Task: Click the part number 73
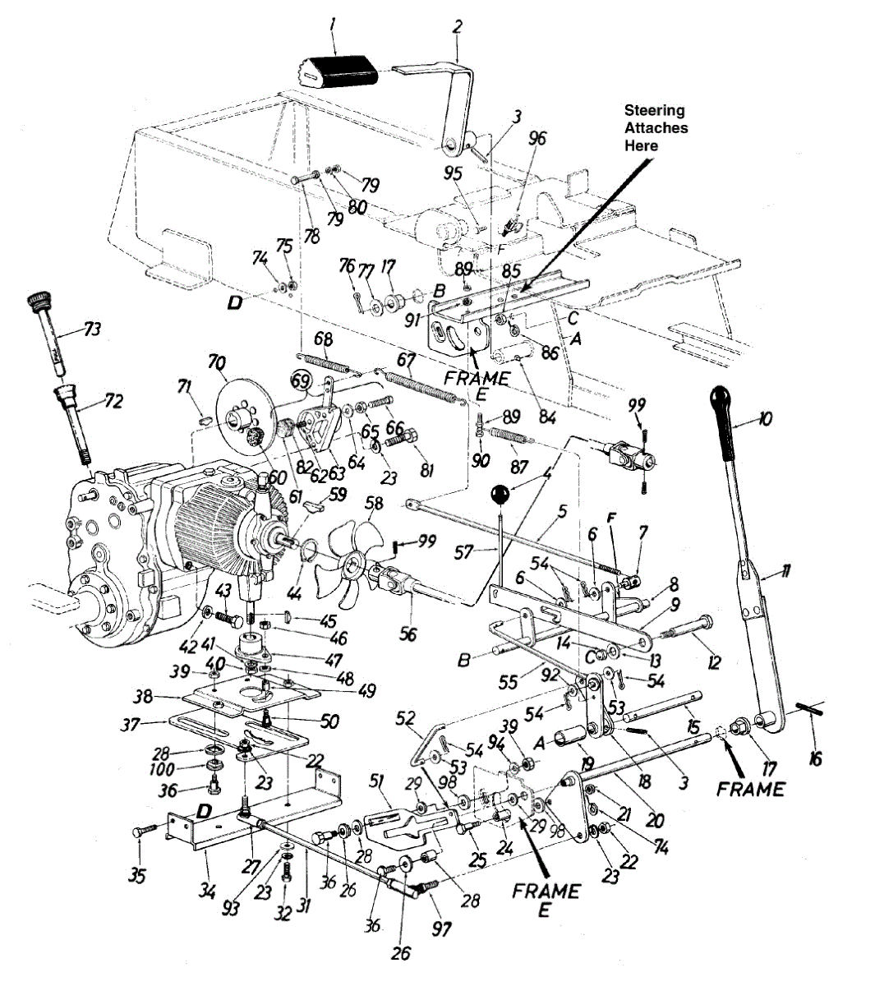coord(92,329)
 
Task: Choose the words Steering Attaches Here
coord(656,127)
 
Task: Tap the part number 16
coord(815,757)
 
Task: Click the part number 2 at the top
coord(458,26)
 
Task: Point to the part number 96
coord(537,138)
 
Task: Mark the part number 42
coord(188,646)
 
